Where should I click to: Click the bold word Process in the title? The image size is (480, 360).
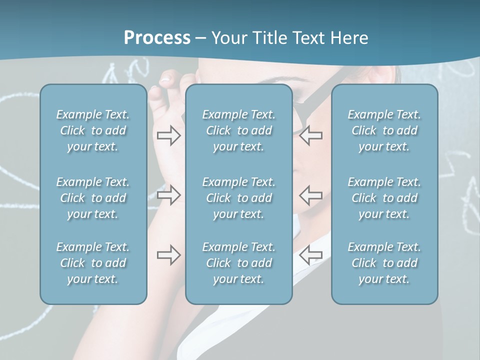click(x=157, y=38)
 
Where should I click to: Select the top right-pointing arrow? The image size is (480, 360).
click(x=168, y=135)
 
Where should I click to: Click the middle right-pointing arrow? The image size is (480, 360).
click(x=168, y=195)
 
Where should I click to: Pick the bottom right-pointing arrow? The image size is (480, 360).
click(x=168, y=255)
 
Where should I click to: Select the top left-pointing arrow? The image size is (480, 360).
click(x=310, y=135)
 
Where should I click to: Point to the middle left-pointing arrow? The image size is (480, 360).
click(x=310, y=195)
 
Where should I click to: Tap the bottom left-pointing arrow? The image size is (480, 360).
click(x=310, y=255)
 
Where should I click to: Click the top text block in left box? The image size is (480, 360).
click(x=93, y=130)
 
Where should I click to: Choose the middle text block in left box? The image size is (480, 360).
click(x=93, y=198)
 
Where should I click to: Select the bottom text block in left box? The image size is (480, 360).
click(x=93, y=263)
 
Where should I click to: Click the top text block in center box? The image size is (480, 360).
click(x=238, y=130)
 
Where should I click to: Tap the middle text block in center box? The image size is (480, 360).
click(x=238, y=198)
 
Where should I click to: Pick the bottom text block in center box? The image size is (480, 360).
click(x=238, y=263)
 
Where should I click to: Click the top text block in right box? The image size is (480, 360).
click(x=384, y=130)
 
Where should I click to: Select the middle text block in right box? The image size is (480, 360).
click(x=384, y=198)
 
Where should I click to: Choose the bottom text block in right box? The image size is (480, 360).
click(x=384, y=263)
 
